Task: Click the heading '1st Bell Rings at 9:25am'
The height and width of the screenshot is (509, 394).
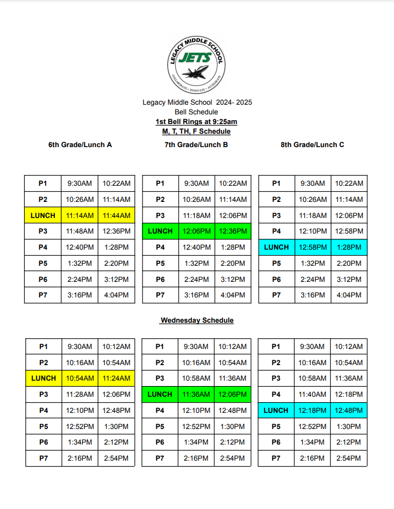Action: pos(196,122)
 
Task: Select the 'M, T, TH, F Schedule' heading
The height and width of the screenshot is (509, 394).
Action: pos(196,132)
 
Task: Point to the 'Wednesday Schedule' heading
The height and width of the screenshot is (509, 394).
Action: pos(197,321)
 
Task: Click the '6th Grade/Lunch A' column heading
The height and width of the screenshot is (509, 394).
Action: pos(80,144)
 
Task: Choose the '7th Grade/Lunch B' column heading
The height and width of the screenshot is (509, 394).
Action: pos(196,144)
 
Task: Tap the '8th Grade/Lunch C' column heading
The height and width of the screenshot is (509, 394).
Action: pos(312,144)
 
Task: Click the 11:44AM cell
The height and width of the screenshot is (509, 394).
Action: pos(116,215)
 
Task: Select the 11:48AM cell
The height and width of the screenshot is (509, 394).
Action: pos(80,231)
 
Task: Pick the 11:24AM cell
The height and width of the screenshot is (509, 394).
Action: pos(116,379)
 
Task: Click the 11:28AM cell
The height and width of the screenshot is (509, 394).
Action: pos(80,395)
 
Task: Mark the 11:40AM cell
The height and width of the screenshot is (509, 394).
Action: pos(312,395)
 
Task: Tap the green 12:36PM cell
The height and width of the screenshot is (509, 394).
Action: pos(233,231)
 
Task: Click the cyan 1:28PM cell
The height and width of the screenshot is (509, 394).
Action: pos(349,248)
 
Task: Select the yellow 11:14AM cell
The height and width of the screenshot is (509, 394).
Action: pos(80,215)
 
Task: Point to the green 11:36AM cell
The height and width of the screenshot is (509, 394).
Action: pos(196,395)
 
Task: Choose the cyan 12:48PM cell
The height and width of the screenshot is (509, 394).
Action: pos(349,411)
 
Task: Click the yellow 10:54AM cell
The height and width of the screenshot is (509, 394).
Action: pos(80,379)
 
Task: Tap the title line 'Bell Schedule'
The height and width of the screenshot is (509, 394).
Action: pos(196,112)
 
